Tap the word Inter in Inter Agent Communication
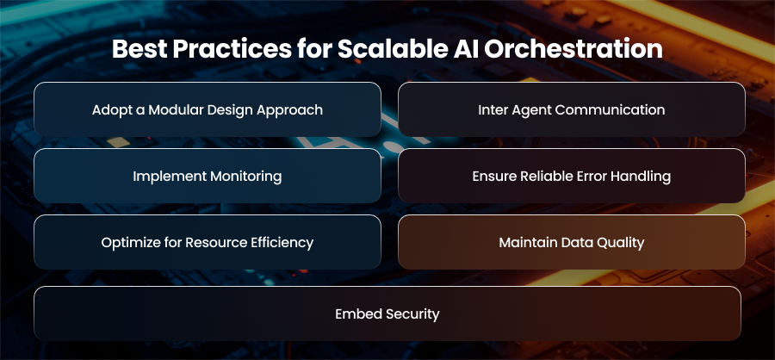(490, 109)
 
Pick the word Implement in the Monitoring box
(162, 177)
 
